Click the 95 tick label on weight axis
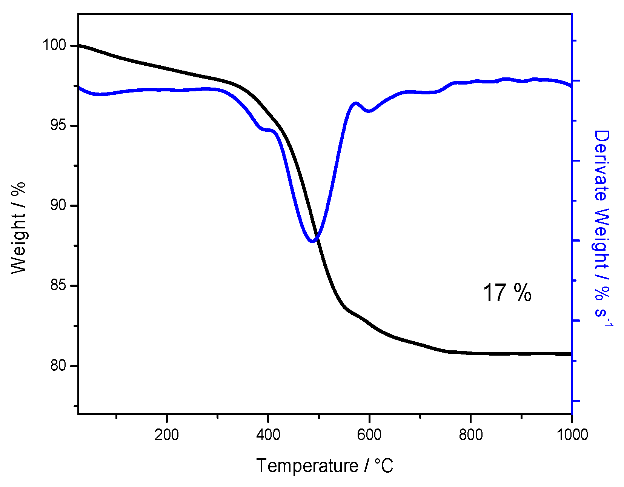pos(58,125)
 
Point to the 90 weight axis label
pos(58,205)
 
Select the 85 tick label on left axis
pos(58,285)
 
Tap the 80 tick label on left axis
pos(58,365)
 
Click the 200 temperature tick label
pos(166,435)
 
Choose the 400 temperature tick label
pos(268,435)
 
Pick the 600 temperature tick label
pos(369,435)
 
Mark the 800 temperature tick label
pos(471,435)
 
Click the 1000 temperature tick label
pos(572,435)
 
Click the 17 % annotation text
pos(507,293)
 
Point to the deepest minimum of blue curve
pos(312,241)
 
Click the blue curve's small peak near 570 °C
pos(355,103)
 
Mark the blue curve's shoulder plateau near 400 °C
pos(267,129)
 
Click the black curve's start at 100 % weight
pos(80,45)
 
